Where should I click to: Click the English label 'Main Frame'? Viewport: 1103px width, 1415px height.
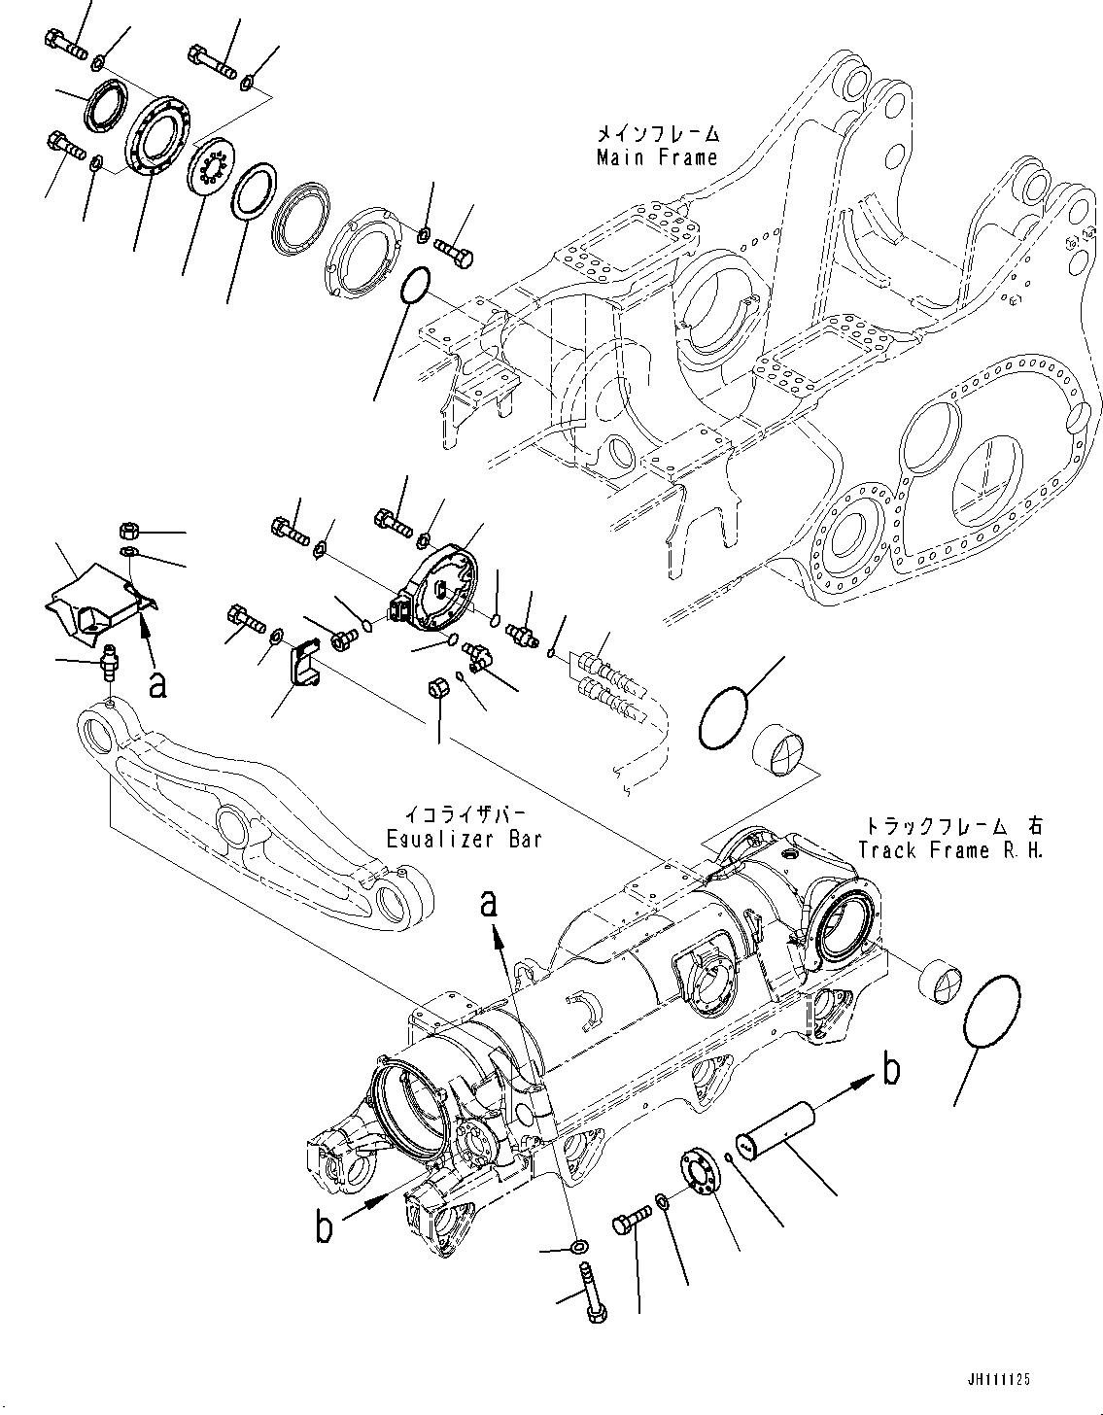pos(657,156)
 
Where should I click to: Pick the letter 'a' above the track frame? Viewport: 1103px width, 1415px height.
pos(490,904)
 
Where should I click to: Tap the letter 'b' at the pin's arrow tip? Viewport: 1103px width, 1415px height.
pos(890,1069)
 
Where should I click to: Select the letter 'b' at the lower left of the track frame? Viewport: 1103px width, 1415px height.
pos(325,1227)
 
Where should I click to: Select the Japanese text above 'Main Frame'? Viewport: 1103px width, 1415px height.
pos(658,132)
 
